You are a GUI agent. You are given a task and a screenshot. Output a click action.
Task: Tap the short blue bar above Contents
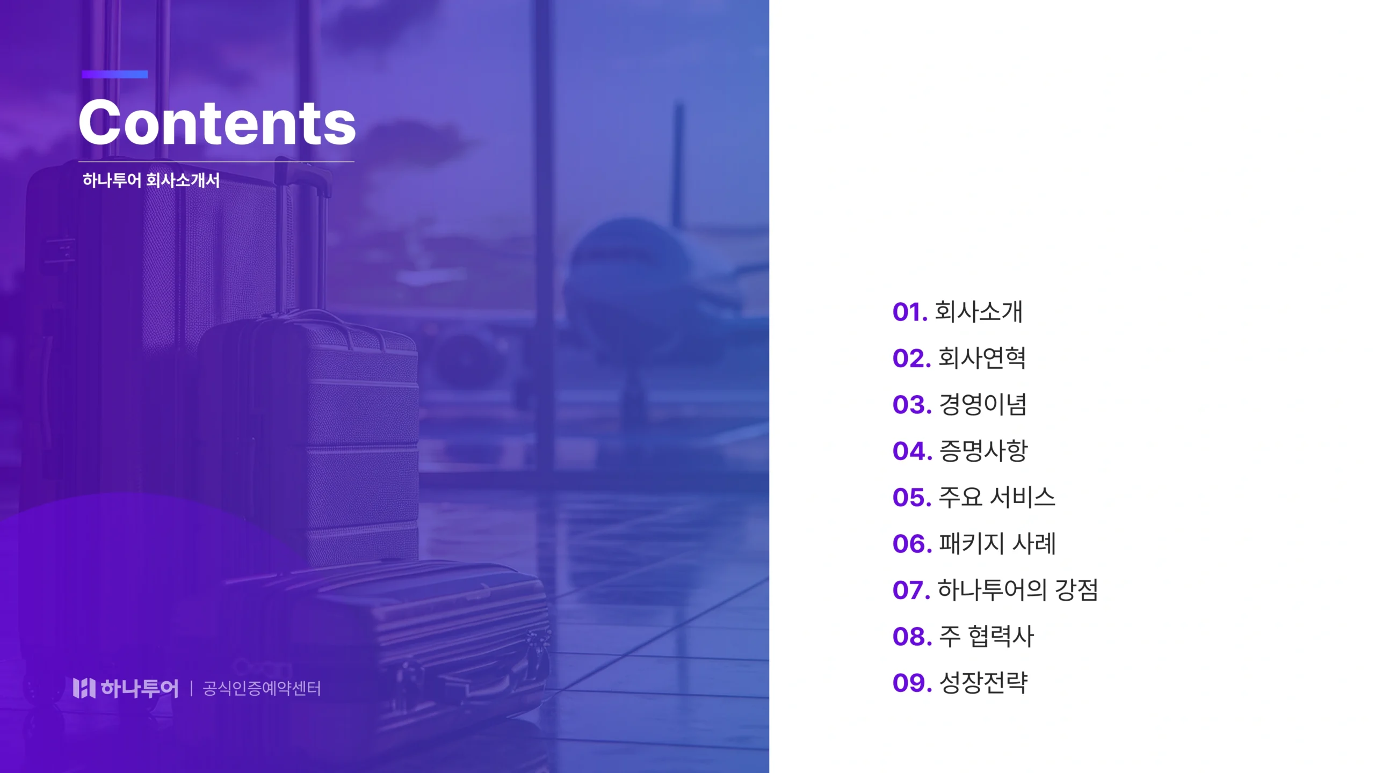click(114, 75)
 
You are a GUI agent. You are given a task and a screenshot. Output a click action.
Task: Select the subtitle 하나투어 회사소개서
click(151, 180)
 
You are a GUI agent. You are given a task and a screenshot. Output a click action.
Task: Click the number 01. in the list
click(910, 312)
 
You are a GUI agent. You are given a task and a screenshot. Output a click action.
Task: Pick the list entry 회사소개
click(979, 311)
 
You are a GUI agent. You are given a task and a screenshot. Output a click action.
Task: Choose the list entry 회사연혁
click(982, 358)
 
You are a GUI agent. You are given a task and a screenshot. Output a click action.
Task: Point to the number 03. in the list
click(912, 405)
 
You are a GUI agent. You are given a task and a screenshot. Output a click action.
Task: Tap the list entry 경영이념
click(982, 404)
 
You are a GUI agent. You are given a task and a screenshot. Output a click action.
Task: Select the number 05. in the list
click(912, 498)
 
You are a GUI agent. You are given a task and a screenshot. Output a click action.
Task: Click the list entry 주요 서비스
click(997, 497)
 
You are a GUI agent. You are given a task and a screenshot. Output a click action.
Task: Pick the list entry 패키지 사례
click(997, 543)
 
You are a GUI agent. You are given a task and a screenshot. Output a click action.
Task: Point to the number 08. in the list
click(912, 637)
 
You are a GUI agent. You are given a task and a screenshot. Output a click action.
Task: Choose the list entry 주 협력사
click(986, 636)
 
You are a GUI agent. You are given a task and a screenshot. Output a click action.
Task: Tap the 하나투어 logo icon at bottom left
click(84, 688)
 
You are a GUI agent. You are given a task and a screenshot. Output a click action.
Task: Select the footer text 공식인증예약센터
click(262, 689)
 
